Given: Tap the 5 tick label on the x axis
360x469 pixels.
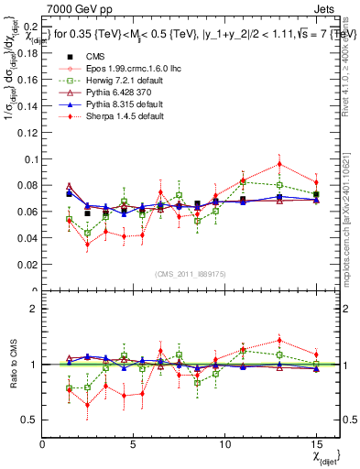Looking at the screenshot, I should coord(134,443).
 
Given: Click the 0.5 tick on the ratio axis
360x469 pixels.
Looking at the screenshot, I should coord(29,420).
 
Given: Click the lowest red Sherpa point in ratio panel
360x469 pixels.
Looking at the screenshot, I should coord(87,404).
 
